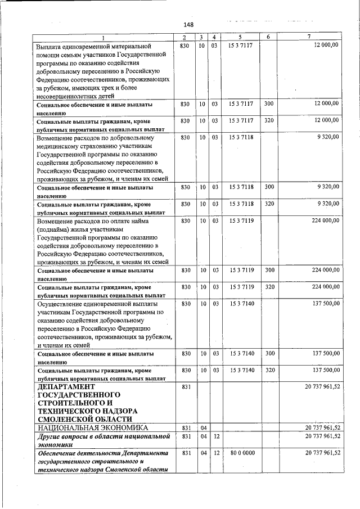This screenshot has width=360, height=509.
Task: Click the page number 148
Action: (x=188, y=24)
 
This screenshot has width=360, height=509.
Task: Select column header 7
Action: (x=309, y=37)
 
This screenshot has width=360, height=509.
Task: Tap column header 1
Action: (x=103, y=37)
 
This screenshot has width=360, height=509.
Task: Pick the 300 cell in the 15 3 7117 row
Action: (x=269, y=105)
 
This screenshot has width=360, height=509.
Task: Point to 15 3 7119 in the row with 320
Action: (x=242, y=286)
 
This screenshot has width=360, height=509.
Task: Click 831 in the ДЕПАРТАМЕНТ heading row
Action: (x=186, y=388)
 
